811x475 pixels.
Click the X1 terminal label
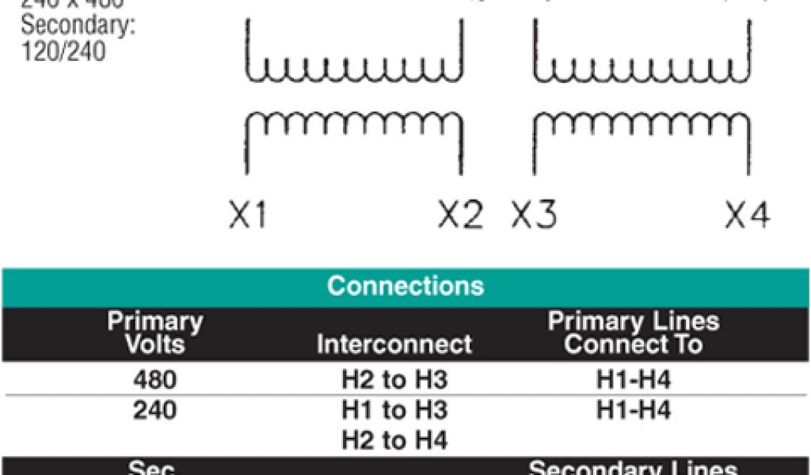pos(248,215)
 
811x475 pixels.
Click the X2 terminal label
pos(460,215)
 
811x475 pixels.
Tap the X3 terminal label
pos(534,215)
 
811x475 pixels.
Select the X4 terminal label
pos(747,215)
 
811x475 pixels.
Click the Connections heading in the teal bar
pos(405,286)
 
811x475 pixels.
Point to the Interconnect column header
pos(394,344)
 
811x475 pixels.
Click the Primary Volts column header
pos(155,333)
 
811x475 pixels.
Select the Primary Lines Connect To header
pos(633,333)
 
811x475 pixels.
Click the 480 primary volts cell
pos(155,381)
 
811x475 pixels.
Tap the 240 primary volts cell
pos(155,410)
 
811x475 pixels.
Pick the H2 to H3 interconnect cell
pos(394,381)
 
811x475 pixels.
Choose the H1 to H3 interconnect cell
pos(394,410)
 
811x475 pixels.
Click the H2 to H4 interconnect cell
pos(394,439)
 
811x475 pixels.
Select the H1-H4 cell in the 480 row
pos(633,381)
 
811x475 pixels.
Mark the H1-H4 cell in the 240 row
pos(633,410)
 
